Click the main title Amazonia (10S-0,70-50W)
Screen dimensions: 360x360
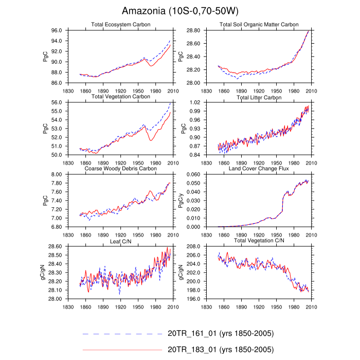tap(180, 11)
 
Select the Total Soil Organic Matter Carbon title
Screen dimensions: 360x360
tap(259, 25)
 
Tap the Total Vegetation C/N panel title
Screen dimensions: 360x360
tap(259, 241)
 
